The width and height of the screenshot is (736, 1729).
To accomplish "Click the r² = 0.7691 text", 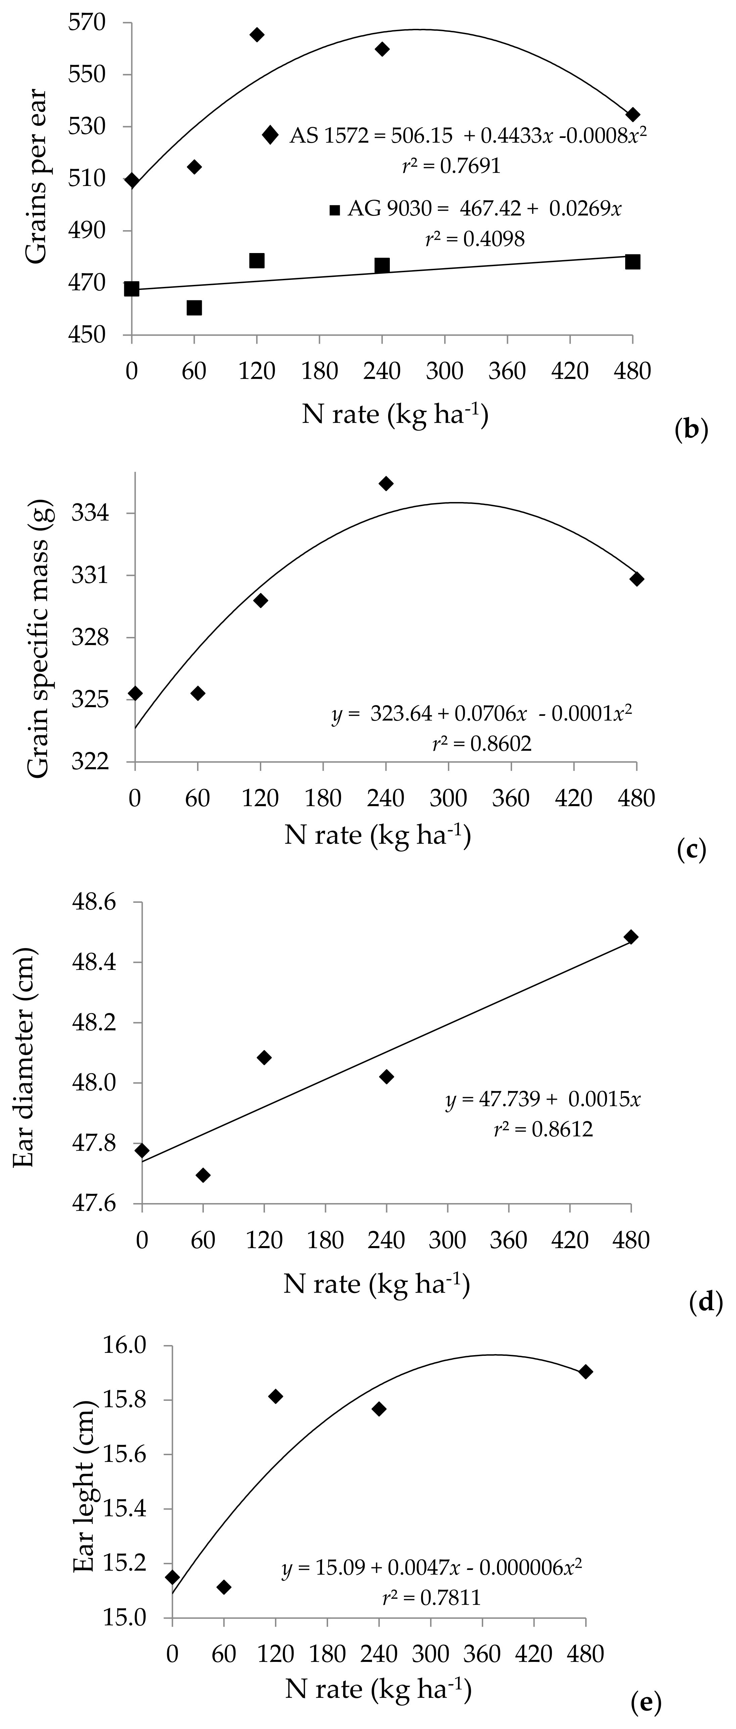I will click(x=451, y=166).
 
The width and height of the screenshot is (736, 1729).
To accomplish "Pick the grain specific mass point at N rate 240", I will click(x=386, y=483).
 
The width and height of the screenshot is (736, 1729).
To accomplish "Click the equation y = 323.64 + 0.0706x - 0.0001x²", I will click(x=481, y=713).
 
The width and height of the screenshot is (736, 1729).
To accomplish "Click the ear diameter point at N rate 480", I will click(x=631, y=937).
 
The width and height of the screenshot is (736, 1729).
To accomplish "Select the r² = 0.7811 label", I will click(x=431, y=1597).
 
